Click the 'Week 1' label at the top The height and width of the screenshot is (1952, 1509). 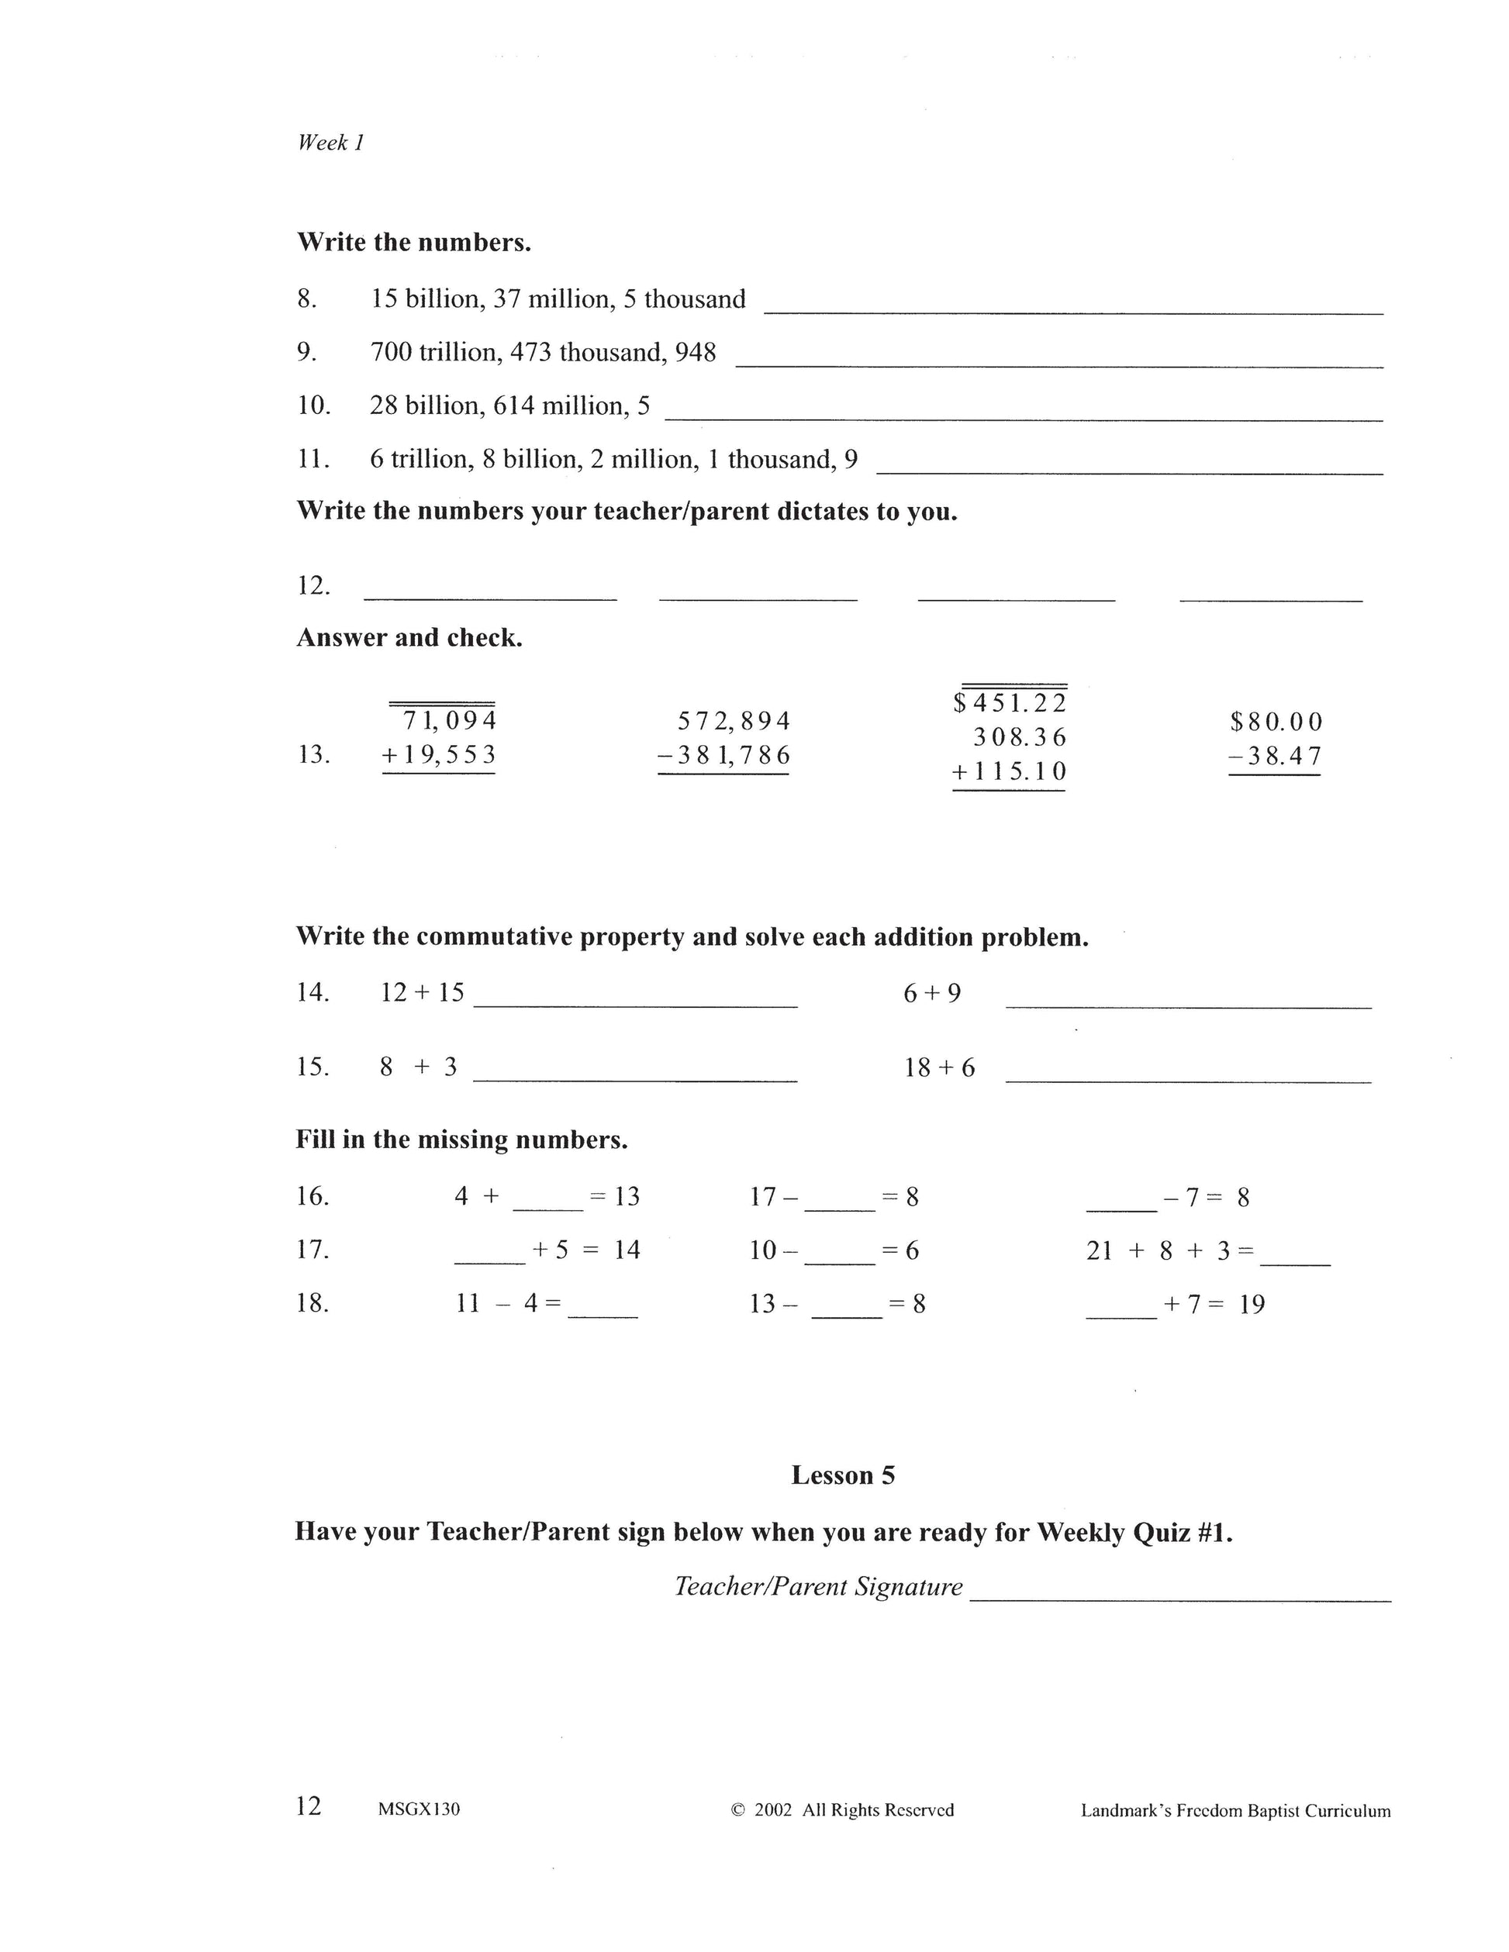click(x=330, y=143)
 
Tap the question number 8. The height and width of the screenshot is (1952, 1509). click(x=306, y=299)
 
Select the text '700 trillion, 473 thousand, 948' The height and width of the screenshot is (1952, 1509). click(x=543, y=353)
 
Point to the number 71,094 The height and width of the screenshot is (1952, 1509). click(x=449, y=720)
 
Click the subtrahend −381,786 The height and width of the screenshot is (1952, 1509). click(x=723, y=756)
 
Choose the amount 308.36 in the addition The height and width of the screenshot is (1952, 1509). click(x=1019, y=737)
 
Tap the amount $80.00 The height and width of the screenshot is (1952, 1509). click(x=1275, y=723)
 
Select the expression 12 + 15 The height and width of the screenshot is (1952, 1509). click(x=422, y=993)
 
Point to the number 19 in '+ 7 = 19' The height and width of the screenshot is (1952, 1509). click(x=1252, y=1305)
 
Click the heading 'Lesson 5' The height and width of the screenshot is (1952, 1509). click(x=842, y=1475)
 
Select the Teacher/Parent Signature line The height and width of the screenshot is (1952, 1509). click(x=1179, y=1591)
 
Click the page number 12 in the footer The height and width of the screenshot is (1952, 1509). click(x=309, y=1806)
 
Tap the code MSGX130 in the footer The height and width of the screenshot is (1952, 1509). click(x=419, y=1810)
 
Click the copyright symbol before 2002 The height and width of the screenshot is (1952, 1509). click(x=737, y=1810)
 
